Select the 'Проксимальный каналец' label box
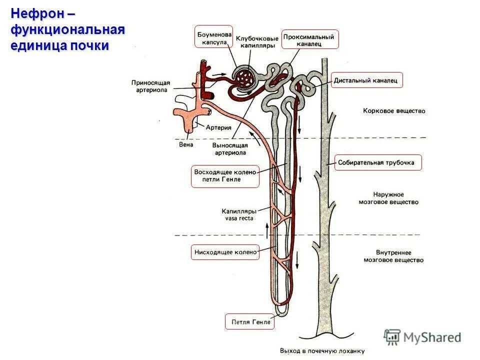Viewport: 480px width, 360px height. (310, 39)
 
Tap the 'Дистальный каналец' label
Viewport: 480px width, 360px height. (366, 80)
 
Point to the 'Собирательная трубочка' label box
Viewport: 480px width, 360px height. (377, 162)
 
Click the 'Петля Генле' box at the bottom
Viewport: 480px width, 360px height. (250, 321)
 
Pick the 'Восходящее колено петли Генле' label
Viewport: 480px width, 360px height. (225, 176)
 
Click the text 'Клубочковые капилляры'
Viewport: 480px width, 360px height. (257, 41)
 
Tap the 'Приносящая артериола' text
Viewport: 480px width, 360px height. (151, 85)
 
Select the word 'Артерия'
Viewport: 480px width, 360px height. (219, 128)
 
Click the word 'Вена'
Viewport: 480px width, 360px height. (185, 145)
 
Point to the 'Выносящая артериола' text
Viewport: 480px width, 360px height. (230, 148)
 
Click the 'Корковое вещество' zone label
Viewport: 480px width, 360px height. (394, 111)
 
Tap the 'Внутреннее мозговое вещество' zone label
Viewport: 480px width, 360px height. (393, 256)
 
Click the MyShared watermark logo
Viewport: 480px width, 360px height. (422, 337)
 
